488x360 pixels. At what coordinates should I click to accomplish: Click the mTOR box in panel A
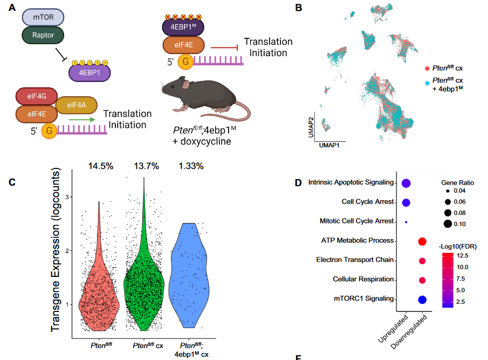pyautogui.click(x=43, y=17)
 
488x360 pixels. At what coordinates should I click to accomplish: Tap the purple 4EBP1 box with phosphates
pyautogui.click(x=89, y=73)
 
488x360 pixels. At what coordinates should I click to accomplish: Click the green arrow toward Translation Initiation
pyautogui.click(x=81, y=120)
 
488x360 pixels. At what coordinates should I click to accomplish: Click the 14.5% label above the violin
pyautogui.click(x=101, y=166)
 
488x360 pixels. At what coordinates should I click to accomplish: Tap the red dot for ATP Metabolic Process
pyautogui.click(x=422, y=241)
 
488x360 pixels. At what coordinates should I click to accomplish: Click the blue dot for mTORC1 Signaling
pyautogui.click(x=422, y=300)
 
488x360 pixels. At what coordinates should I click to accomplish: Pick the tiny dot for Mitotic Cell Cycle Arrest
pyautogui.click(x=406, y=222)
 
